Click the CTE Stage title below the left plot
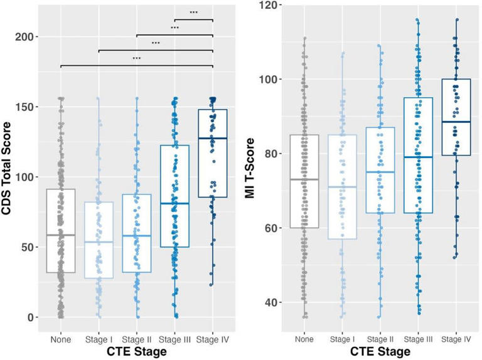click(136, 352)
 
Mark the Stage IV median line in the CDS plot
click(213, 138)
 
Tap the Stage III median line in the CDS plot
click(174, 203)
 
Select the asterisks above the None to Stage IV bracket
click(136, 59)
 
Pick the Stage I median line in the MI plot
click(341, 187)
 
